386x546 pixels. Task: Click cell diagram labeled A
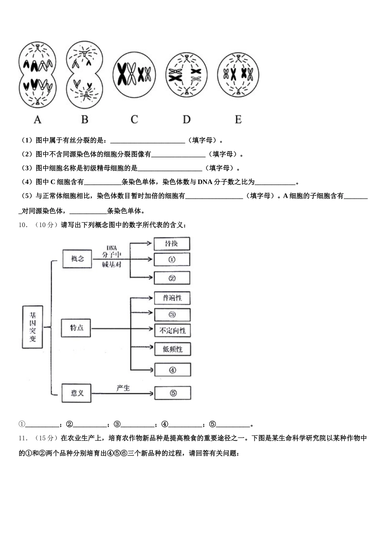click(x=37, y=75)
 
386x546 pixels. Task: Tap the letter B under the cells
click(x=85, y=119)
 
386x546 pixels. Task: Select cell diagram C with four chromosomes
click(x=134, y=75)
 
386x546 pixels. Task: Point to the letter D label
click(x=186, y=119)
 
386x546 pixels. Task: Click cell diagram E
click(x=238, y=74)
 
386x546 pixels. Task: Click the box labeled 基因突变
click(x=33, y=327)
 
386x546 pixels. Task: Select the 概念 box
click(x=77, y=259)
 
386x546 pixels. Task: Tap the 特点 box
click(x=76, y=328)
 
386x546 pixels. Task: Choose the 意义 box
click(x=76, y=393)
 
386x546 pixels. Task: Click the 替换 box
click(x=171, y=244)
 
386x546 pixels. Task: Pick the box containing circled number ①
click(x=172, y=260)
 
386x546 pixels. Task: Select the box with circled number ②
click(x=172, y=278)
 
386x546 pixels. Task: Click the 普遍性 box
click(x=172, y=298)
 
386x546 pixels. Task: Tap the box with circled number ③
click(x=172, y=314)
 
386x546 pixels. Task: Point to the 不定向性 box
click(x=173, y=331)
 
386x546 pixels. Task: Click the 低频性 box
click(x=173, y=349)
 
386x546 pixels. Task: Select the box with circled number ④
click(x=173, y=370)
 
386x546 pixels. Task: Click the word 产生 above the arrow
click(x=123, y=388)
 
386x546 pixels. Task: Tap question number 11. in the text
click(x=23, y=438)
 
